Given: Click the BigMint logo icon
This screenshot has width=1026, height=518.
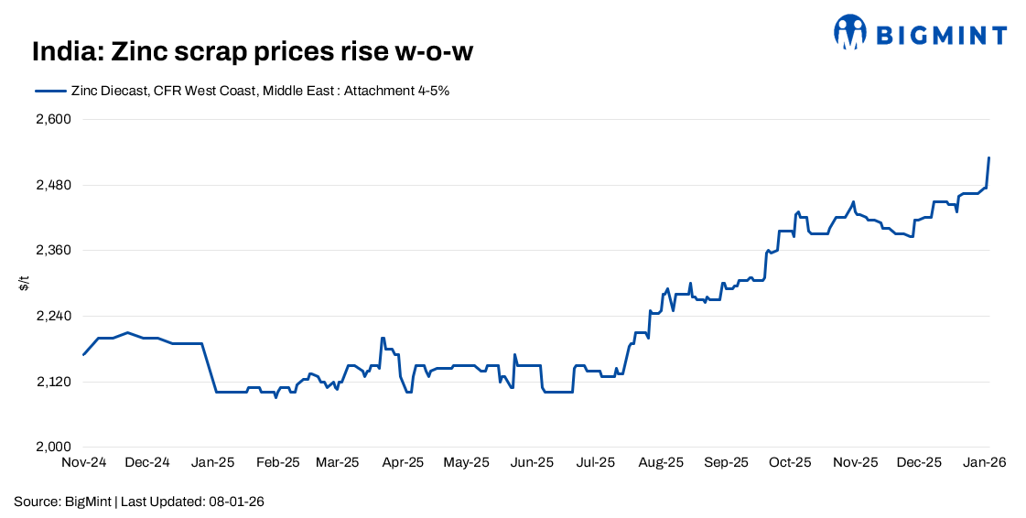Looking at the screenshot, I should tap(850, 32).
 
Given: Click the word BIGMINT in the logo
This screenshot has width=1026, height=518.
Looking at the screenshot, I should tap(942, 36).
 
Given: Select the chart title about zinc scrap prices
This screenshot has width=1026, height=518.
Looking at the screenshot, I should tap(252, 52).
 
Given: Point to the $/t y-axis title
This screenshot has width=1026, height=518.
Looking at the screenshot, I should tap(24, 284).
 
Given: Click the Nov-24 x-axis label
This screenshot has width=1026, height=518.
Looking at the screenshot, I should tap(84, 463).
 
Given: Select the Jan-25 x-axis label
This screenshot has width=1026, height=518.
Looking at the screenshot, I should tap(213, 463).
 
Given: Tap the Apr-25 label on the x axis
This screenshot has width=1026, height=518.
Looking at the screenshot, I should tap(403, 463).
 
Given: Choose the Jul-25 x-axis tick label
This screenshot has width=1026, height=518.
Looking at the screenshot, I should tap(595, 463).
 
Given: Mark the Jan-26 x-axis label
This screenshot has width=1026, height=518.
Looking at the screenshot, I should tap(984, 463).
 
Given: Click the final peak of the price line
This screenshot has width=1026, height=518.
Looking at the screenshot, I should tap(988, 157).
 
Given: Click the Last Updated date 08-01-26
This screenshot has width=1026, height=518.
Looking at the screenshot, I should tap(237, 502).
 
